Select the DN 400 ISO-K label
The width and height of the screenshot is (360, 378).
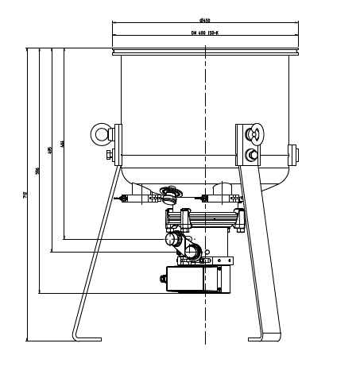coord(206,33)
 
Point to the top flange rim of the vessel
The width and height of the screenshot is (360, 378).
coord(206,52)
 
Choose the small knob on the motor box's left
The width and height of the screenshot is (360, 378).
coord(161,278)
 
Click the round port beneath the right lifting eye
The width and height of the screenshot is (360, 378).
coord(254,154)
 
